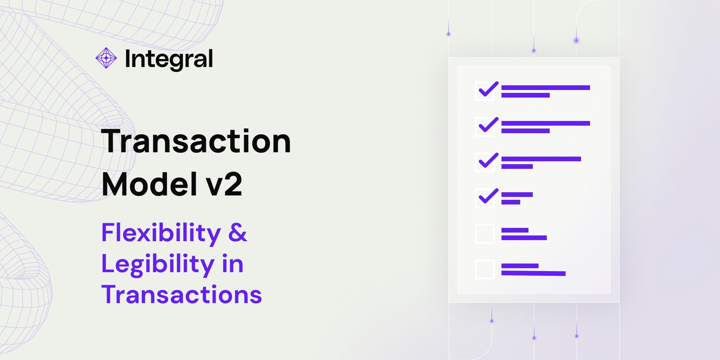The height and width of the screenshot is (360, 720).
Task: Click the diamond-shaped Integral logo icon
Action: pyautogui.click(x=106, y=58)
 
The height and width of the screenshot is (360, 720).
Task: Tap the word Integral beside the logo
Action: pyautogui.click(x=169, y=59)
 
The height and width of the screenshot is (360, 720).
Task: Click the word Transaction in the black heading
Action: pyautogui.click(x=196, y=141)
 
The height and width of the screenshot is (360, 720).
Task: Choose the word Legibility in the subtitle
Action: pyautogui.click(x=158, y=264)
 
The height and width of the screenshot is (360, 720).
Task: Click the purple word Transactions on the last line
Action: pyautogui.click(x=181, y=295)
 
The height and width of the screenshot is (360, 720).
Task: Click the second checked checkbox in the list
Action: pyautogui.click(x=485, y=127)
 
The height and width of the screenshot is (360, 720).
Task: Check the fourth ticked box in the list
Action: pyautogui.click(x=485, y=198)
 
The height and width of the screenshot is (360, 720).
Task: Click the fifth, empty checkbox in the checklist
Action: pyautogui.click(x=485, y=234)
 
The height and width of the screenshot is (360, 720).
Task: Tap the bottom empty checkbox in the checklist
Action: pyautogui.click(x=485, y=269)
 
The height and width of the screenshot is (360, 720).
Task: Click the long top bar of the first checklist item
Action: pyautogui.click(x=545, y=87)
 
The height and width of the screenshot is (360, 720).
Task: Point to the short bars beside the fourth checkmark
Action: pyautogui.click(x=516, y=198)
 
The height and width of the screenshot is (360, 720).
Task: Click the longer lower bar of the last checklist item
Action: pyautogui.click(x=533, y=274)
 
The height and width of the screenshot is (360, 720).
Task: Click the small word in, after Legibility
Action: pyautogui.click(x=233, y=264)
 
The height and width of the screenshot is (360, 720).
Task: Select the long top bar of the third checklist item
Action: pyautogui.click(x=541, y=159)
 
